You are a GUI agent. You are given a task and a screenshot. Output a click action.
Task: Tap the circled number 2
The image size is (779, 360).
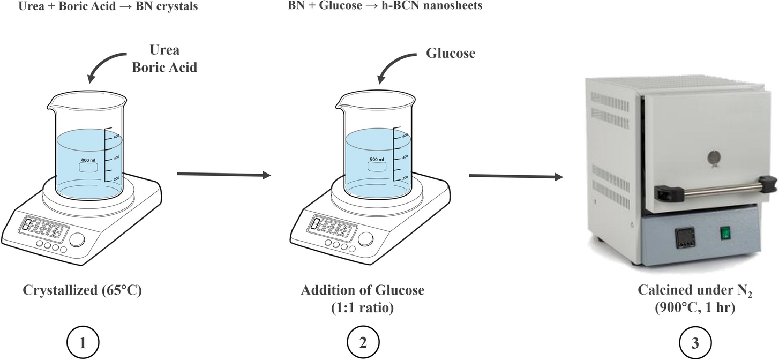pyautogui.click(x=363, y=342)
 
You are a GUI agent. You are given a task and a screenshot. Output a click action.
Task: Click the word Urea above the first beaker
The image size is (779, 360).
pyautogui.click(x=165, y=50)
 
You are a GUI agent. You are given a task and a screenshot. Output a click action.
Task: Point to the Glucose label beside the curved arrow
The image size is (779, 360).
pyautogui.click(x=451, y=54)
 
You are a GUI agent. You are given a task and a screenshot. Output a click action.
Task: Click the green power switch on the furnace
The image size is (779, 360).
pyautogui.click(x=725, y=233)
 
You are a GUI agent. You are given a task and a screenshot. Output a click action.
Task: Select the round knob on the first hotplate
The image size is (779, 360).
pyautogui.click(x=78, y=240)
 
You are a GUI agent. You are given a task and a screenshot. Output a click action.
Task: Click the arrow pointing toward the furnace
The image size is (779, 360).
pyautogui.click(x=516, y=176)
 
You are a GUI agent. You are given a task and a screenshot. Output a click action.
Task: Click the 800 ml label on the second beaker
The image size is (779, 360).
pyautogui.click(x=377, y=159)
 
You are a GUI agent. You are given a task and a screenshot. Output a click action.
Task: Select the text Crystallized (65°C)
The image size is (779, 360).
pyautogui.click(x=82, y=291)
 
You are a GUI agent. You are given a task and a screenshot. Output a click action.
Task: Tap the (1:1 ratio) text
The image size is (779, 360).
pyautogui.click(x=362, y=309)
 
